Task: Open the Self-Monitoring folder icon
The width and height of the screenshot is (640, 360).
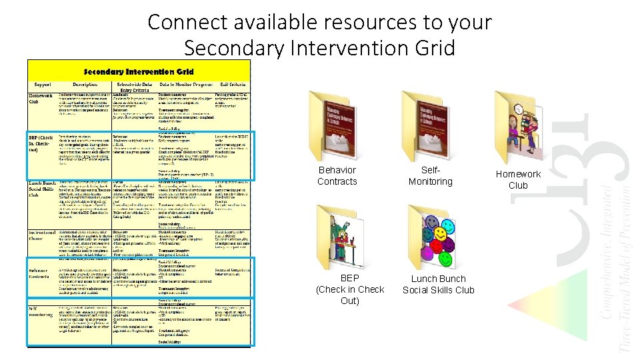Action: [429, 127]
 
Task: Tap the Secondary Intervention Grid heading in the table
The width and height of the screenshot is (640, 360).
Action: [139, 71]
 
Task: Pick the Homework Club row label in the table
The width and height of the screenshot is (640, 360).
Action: [41, 97]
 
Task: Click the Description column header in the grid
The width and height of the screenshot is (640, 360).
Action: [85, 85]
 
